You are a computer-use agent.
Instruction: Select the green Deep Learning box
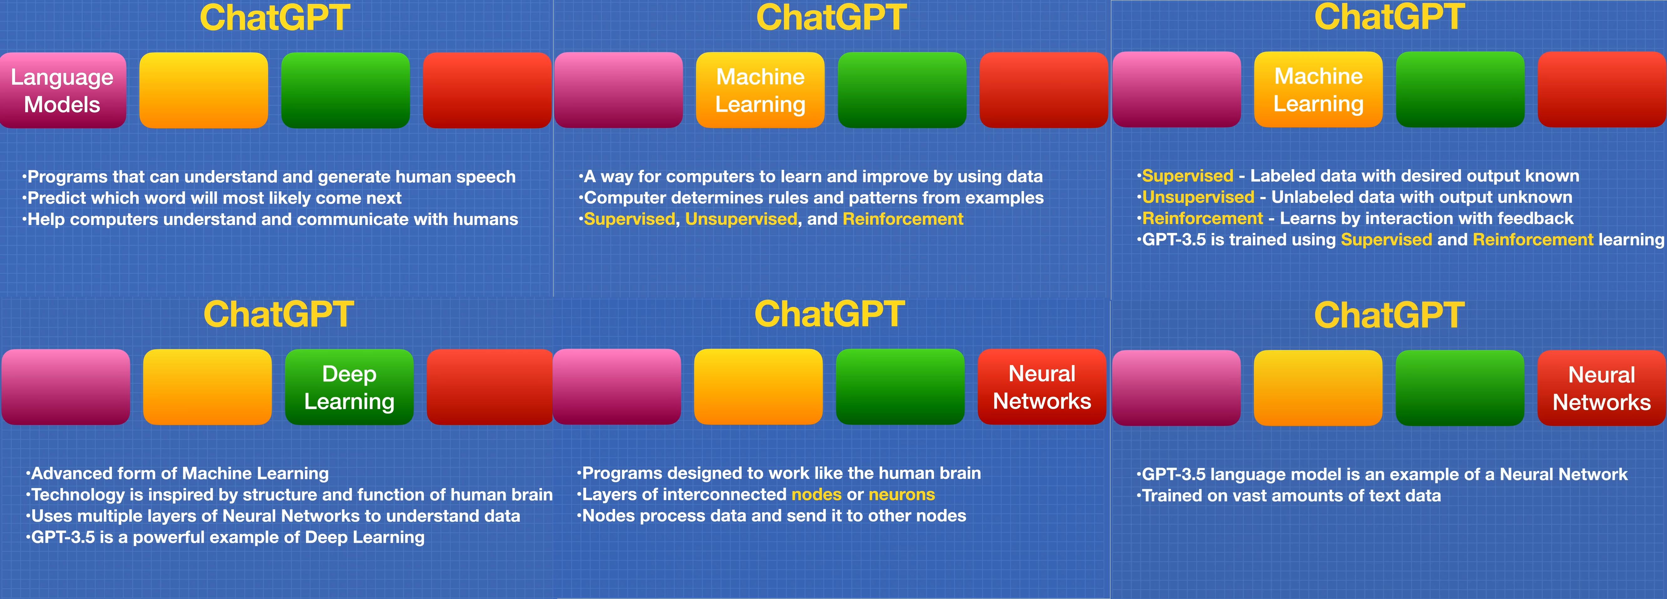tap(349, 387)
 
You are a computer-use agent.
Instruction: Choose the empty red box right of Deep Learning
tap(490, 387)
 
